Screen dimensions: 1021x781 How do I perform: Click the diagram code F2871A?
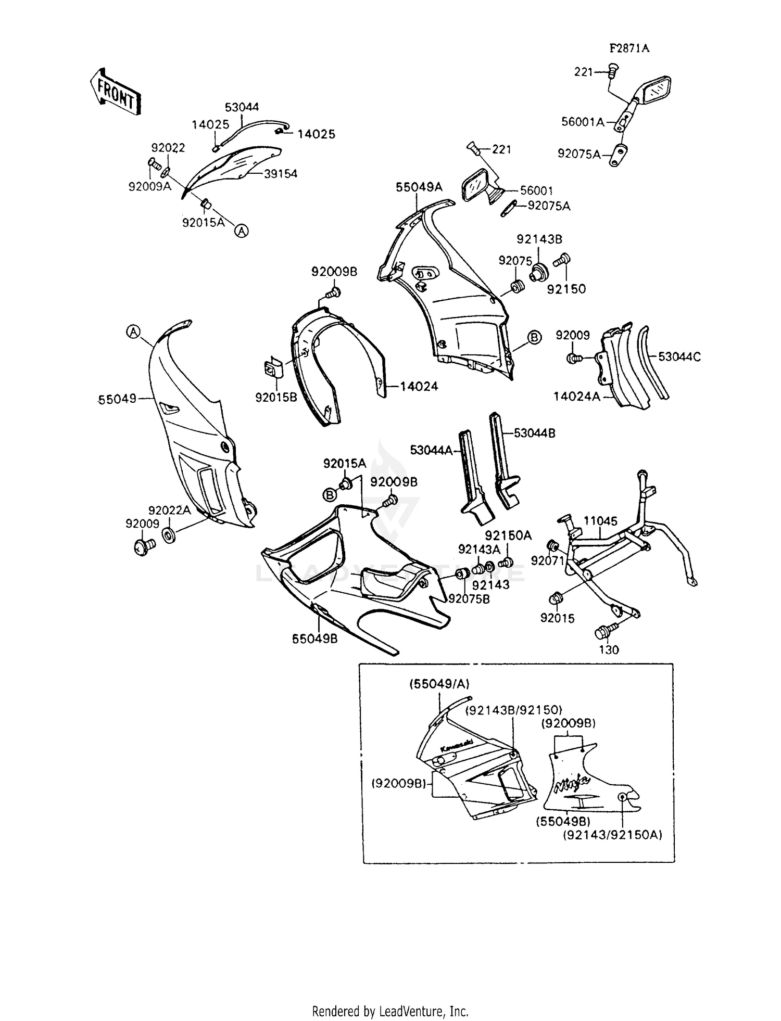click(x=629, y=49)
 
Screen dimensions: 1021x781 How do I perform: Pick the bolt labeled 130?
click(x=606, y=632)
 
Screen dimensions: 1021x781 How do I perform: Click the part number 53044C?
click(x=679, y=357)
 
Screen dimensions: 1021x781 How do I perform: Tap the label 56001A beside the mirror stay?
click(x=583, y=122)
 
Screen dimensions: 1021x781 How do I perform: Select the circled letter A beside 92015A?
click(x=241, y=231)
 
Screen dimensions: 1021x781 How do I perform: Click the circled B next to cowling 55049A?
click(x=534, y=338)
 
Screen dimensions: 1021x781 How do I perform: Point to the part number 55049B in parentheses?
click(x=563, y=821)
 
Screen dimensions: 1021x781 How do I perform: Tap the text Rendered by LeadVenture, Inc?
click(x=390, y=1012)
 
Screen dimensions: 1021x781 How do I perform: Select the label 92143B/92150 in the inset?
click(x=513, y=710)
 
